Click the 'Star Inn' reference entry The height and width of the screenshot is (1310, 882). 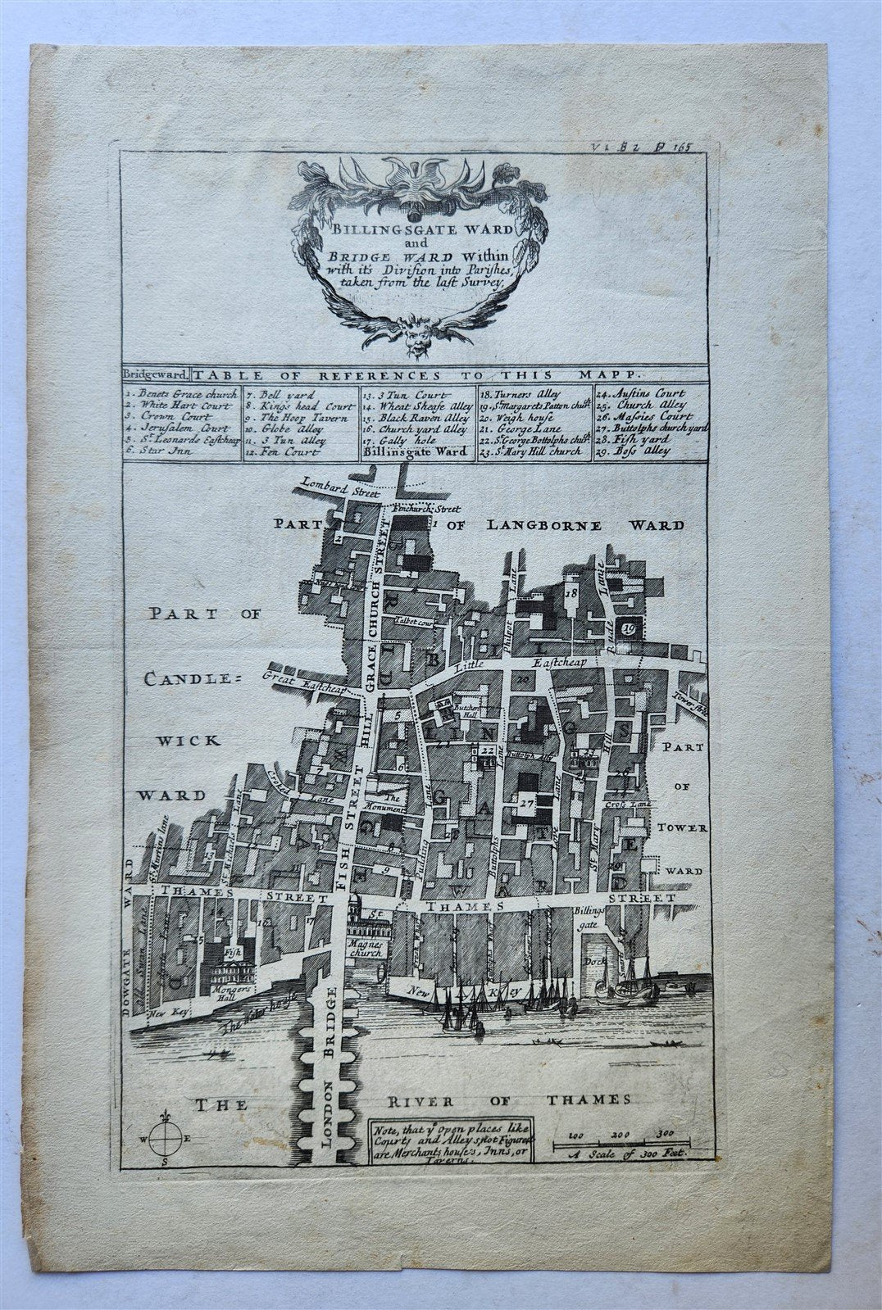coord(158,450)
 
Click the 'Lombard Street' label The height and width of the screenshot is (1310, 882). coord(338,489)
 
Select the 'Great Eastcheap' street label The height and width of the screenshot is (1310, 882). coord(304,685)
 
